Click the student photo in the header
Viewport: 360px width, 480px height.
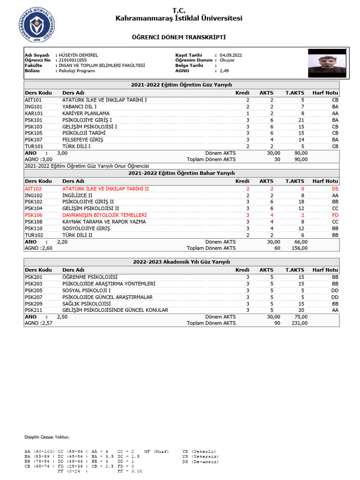(x=327, y=63)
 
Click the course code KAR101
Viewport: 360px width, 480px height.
(x=34, y=113)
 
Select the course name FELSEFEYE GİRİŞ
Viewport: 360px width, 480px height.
(x=82, y=140)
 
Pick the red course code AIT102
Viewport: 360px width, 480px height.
(x=34, y=189)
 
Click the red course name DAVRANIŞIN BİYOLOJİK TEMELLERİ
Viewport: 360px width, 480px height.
(x=105, y=215)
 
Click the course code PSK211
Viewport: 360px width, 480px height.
(x=34, y=310)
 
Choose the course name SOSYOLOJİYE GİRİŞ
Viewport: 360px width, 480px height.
(x=86, y=228)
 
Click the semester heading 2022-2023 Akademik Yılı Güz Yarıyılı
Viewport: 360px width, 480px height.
(x=181, y=262)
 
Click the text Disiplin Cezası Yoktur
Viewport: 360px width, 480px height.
(x=47, y=437)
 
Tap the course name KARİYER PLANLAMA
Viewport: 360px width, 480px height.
(x=86, y=113)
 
